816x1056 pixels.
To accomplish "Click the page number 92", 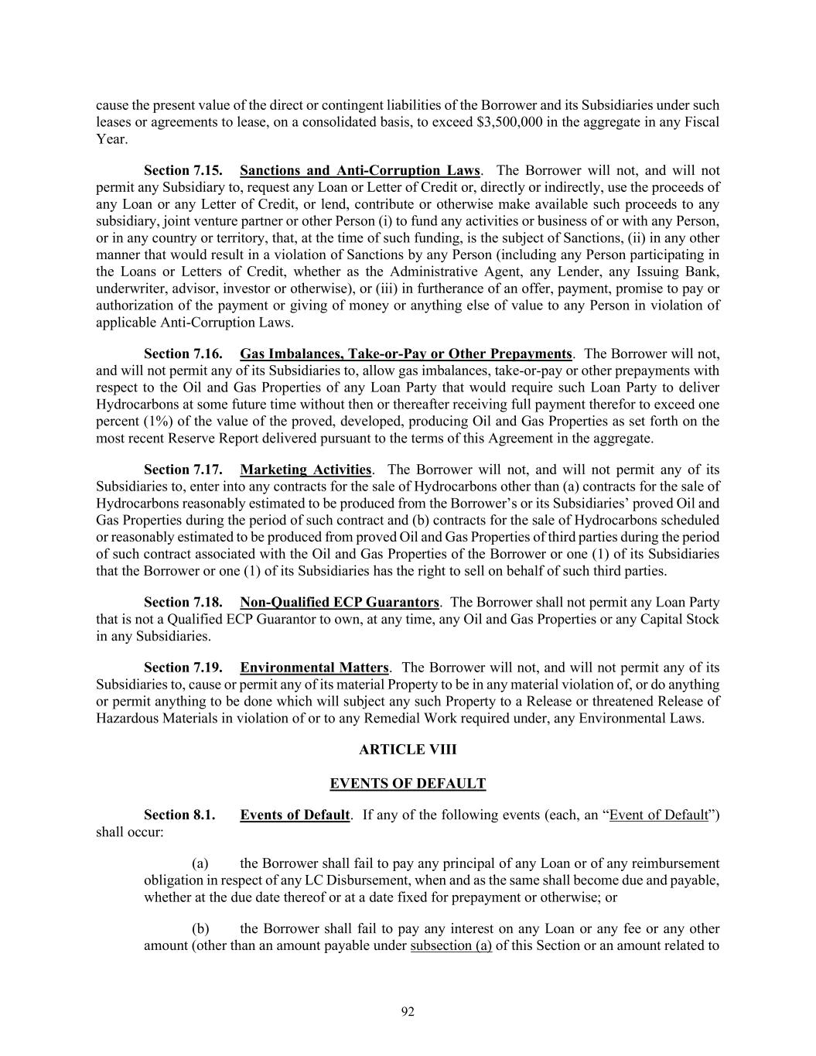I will coord(408,1012).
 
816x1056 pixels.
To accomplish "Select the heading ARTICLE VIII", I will coord(408,750).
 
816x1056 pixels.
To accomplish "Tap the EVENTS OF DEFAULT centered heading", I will coord(408,784).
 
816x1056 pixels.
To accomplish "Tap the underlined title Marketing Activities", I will coord(306,470).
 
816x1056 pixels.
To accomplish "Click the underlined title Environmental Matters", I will coord(314,668).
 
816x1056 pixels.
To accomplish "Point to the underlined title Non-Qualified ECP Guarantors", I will coord(340,602).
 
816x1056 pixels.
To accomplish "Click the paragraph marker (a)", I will coord(200,863).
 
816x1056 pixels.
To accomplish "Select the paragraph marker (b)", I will coord(200,928).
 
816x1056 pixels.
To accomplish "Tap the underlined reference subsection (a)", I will coord(451,945).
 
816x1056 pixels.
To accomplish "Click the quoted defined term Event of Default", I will coord(658,815).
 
